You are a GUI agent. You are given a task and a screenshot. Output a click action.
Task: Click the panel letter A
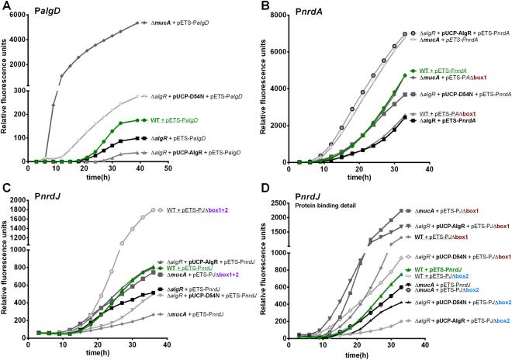click(7, 7)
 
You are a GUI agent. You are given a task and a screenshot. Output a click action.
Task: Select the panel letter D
click(264, 186)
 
